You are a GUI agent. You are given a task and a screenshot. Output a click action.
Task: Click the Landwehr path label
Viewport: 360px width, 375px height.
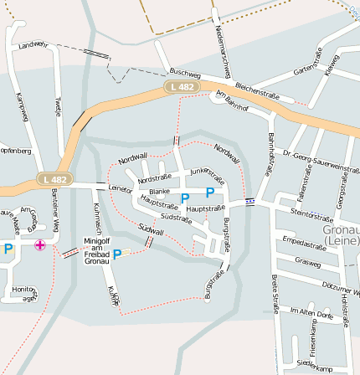point(33,44)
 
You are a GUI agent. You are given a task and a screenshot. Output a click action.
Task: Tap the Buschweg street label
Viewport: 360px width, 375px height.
point(184,74)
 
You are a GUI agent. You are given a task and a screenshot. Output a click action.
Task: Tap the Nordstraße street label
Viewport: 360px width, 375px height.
point(154,178)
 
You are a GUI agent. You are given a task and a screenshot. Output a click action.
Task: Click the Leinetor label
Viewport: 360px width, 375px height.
point(121,190)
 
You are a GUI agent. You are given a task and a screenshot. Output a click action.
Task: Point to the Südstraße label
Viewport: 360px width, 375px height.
point(176,218)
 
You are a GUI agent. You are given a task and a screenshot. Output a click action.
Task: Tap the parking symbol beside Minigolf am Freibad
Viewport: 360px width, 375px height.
point(117,254)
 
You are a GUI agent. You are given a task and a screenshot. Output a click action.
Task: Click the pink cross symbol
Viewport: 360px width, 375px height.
point(40,245)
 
